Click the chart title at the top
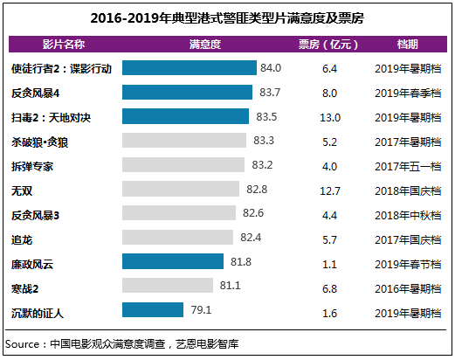tap(227, 16)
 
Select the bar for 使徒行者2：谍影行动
tap(189, 68)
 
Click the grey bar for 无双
tap(181, 189)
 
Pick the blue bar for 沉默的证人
tap(153, 309)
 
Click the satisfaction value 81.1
tap(230, 285)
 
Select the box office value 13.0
tap(329, 116)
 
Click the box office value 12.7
tap(329, 189)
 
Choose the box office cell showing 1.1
tap(329, 261)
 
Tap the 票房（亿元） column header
tap(329, 44)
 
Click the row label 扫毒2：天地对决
tap(52, 116)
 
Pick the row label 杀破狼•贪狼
tap(42, 141)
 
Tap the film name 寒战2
tap(27, 285)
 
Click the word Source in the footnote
tap(24, 343)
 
